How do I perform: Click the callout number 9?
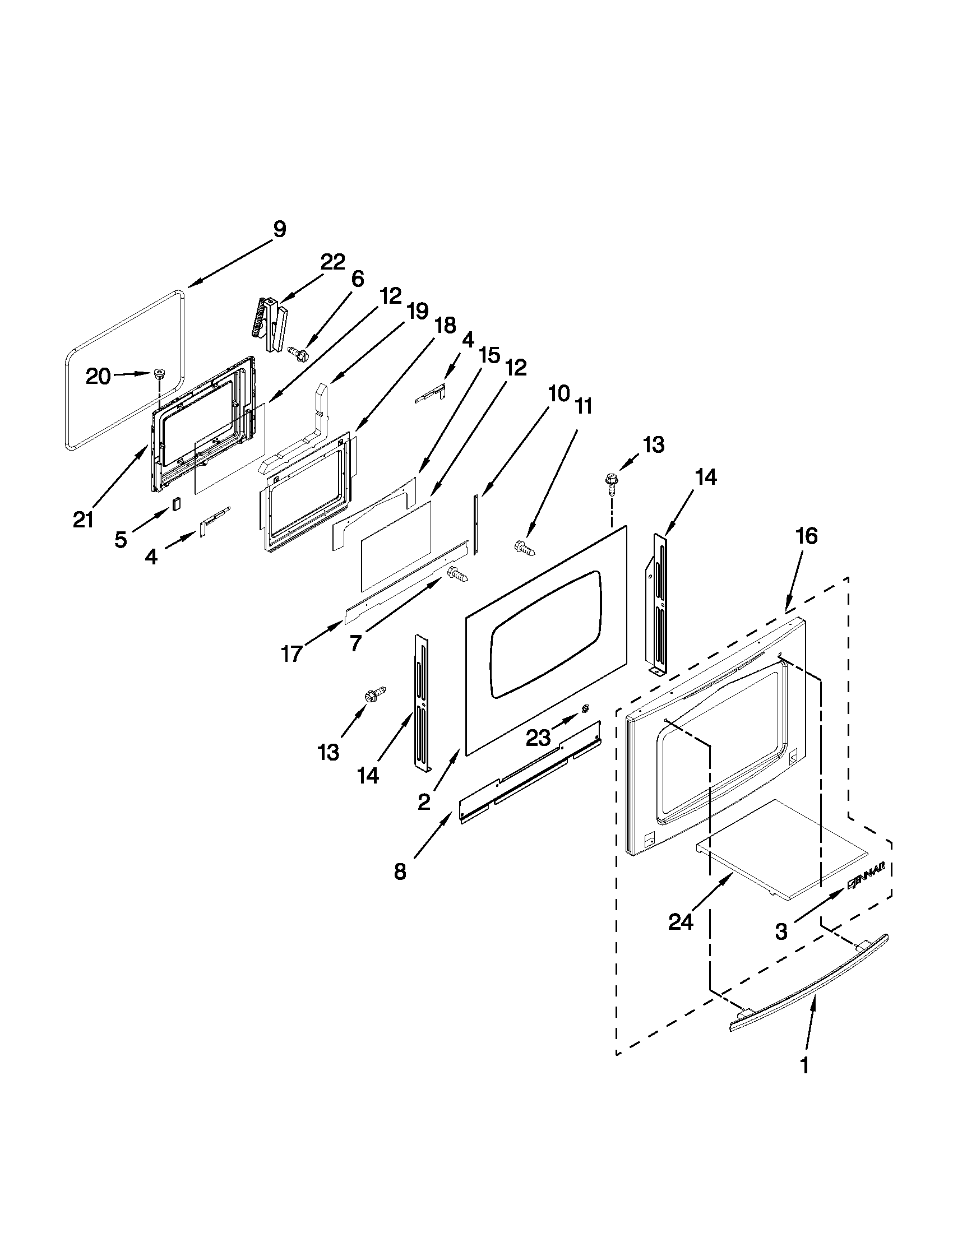click(x=280, y=230)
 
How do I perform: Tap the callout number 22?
click(x=332, y=262)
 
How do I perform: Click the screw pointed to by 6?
click(x=299, y=354)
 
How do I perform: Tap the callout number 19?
click(x=417, y=311)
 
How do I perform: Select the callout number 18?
click(x=445, y=326)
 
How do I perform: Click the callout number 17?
click(x=292, y=653)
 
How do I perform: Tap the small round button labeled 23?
click(x=585, y=708)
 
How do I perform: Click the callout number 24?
click(x=681, y=922)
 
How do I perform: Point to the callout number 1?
click(x=805, y=1065)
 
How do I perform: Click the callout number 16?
click(x=807, y=536)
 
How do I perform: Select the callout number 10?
click(x=558, y=393)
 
